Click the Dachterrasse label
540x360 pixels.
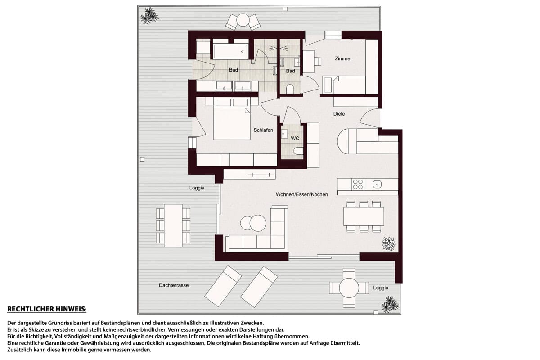pos(174,285)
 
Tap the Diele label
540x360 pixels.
pos(339,114)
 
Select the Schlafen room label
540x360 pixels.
pos(263,130)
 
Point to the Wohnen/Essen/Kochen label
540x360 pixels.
pos(302,194)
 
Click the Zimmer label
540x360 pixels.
pos(343,58)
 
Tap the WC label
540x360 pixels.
pos(295,139)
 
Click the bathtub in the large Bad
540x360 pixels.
pos(230,52)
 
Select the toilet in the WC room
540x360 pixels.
pos(298,151)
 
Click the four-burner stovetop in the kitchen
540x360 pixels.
pos(358,184)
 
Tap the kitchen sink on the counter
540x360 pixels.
pos(377,184)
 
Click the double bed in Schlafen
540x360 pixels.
pos(232,119)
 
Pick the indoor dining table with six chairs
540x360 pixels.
pos(364,216)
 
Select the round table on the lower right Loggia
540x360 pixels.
pos(349,288)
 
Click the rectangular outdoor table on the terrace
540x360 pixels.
pos(173,225)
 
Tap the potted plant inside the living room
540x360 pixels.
pos(389,243)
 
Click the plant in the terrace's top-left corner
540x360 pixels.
pos(149,16)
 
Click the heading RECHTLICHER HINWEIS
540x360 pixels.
pos(47,309)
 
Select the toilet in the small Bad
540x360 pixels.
pos(290,89)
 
